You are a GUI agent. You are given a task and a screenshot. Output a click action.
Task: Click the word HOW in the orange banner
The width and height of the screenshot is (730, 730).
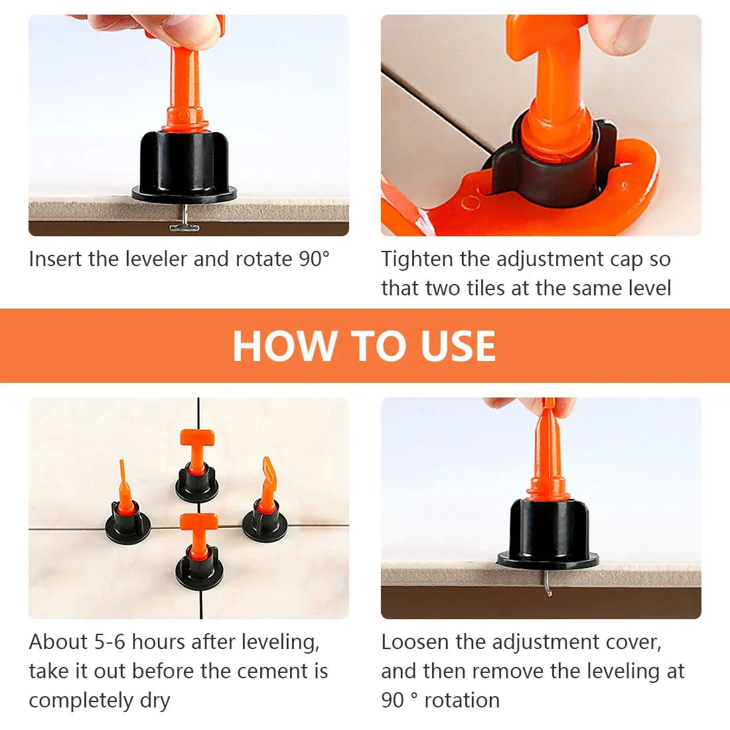click(285, 346)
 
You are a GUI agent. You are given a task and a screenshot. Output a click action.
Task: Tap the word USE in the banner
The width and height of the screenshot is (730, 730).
click(458, 346)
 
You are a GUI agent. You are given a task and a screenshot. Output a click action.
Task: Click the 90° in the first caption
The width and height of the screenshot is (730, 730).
click(315, 259)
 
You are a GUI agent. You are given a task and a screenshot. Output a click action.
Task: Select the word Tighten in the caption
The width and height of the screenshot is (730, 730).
click(417, 259)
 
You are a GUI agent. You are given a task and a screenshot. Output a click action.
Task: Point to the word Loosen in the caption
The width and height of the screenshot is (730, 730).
click(415, 642)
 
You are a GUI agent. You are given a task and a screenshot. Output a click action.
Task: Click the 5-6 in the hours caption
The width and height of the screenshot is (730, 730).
click(110, 642)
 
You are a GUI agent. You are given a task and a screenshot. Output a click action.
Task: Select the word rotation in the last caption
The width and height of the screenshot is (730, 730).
click(462, 701)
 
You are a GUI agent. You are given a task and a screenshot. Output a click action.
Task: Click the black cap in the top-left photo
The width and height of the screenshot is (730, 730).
click(184, 167)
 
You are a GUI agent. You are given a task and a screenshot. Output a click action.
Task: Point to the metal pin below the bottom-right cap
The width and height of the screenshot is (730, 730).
click(547, 583)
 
